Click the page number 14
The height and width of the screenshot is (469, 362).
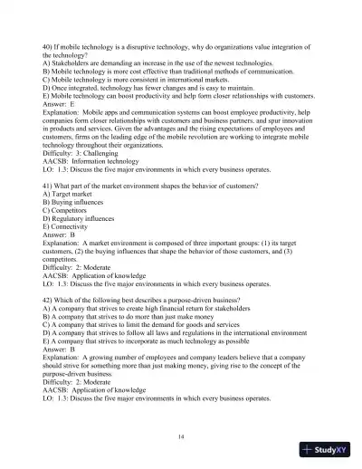coord(182,437)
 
